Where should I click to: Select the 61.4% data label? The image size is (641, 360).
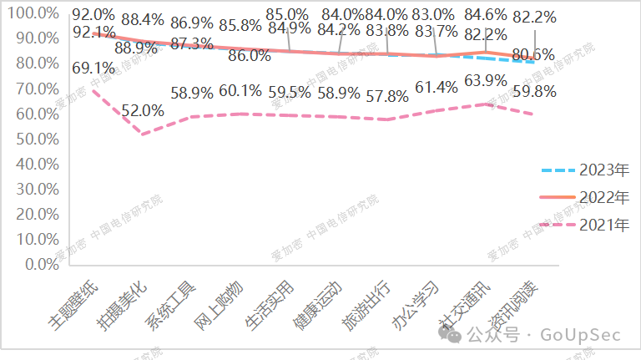(435, 88)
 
